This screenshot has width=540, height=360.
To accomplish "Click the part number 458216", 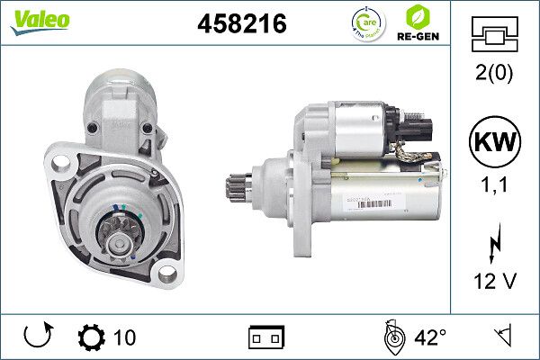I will coord(242,24).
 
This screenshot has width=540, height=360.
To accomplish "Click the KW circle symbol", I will coord(493,143).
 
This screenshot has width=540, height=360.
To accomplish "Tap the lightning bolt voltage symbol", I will coord(493,246).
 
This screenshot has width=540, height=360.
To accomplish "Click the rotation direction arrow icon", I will coord(37,337).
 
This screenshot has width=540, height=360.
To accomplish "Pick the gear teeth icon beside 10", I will coord(92,337).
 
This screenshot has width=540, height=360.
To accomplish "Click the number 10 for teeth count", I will coord(125,337).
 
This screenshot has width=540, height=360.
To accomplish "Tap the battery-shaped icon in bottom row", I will coord(266,337).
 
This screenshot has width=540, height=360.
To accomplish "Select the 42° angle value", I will coord(430,337).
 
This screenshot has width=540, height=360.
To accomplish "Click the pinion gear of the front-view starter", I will coord(116,235).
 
